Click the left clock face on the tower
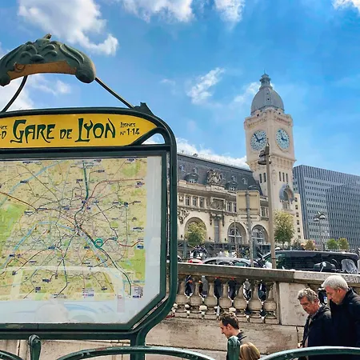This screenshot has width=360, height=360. pyautogui.click(x=258, y=140)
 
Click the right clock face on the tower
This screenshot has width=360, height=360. pyautogui.click(x=282, y=139)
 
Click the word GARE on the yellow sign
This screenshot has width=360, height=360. pyautogui.click(x=33, y=131)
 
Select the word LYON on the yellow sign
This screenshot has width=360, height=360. pyautogui.click(x=97, y=129)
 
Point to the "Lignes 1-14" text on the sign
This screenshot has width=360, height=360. pyautogui.click(x=130, y=128)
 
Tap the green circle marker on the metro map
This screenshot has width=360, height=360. pyautogui.click(x=98, y=242)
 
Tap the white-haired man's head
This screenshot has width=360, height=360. pyautogui.click(x=335, y=285)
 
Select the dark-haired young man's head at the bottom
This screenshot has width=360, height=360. pyautogui.click(x=230, y=324)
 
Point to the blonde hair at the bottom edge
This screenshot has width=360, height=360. pyautogui.click(x=250, y=351)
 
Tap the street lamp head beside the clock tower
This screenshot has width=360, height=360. pyautogui.click(x=263, y=155)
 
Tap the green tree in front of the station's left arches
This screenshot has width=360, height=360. pyautogui.click(x=196, y=234)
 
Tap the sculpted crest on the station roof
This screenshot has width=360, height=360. pyautogui.click(x=214, y=176)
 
